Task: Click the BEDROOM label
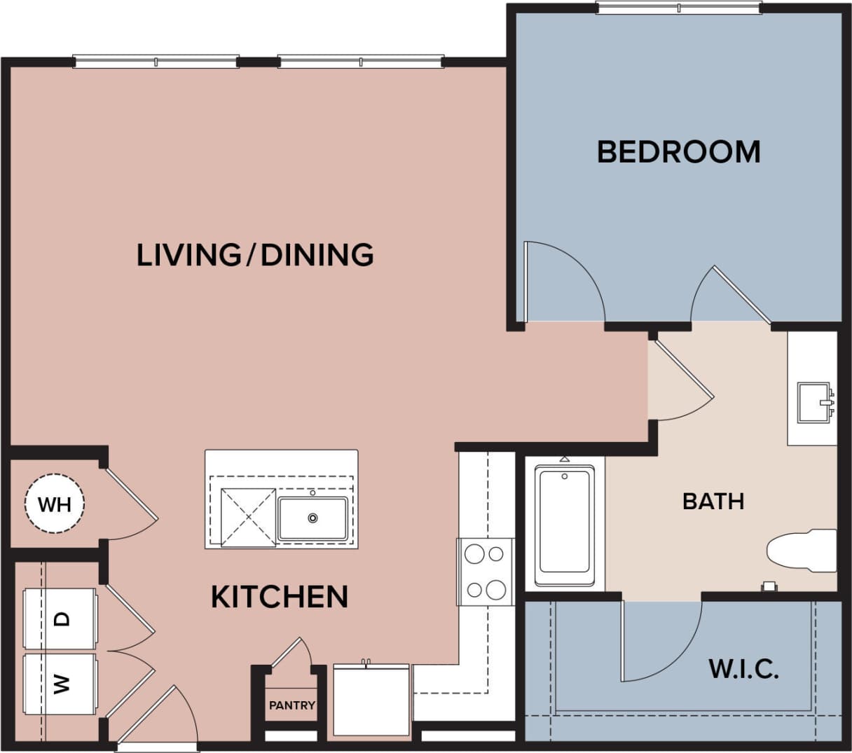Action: (x=678, y=151)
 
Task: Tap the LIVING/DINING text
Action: (x=255, y=254)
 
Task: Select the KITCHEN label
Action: (x=280, y=597)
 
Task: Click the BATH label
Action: (x=713, y=501)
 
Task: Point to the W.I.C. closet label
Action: (x=743, y=668)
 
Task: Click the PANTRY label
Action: (x=292, y=705)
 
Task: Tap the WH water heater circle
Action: (x=55, y=504)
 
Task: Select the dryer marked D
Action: (x=60, y=619)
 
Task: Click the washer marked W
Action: (x=60, y=684)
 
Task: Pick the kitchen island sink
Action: (x=312, y=518)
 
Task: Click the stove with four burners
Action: (x=486, y=572)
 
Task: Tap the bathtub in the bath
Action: (x=564, y=522)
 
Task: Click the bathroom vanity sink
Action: (x=814, y=403)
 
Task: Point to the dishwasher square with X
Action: (x=248, y=518)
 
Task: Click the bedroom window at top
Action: (x=678, y=8)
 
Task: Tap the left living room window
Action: (x=156, y=62)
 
